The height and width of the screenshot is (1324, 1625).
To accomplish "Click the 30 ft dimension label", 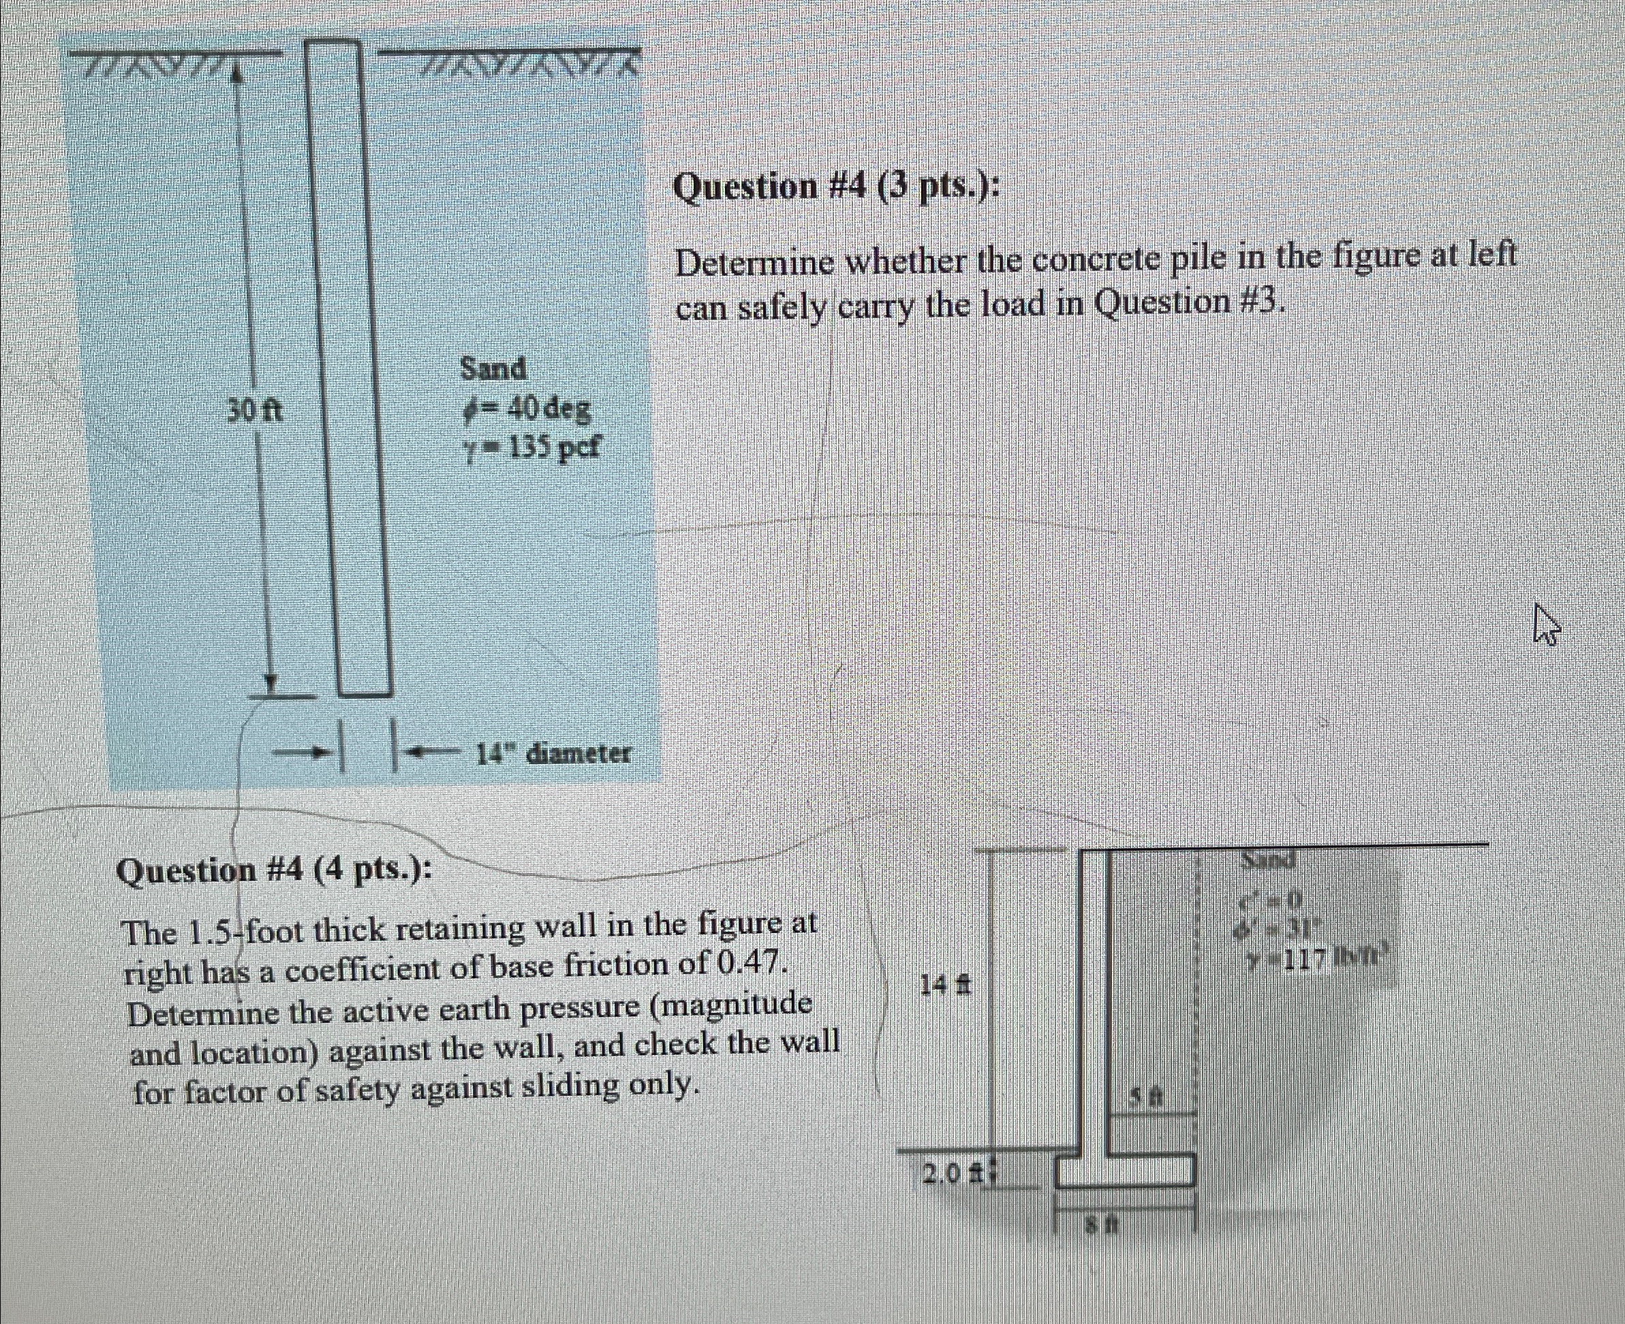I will [255, 413].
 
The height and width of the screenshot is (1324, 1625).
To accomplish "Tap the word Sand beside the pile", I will [493, 369].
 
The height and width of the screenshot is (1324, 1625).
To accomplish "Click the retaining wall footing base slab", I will [1126, 1171].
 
